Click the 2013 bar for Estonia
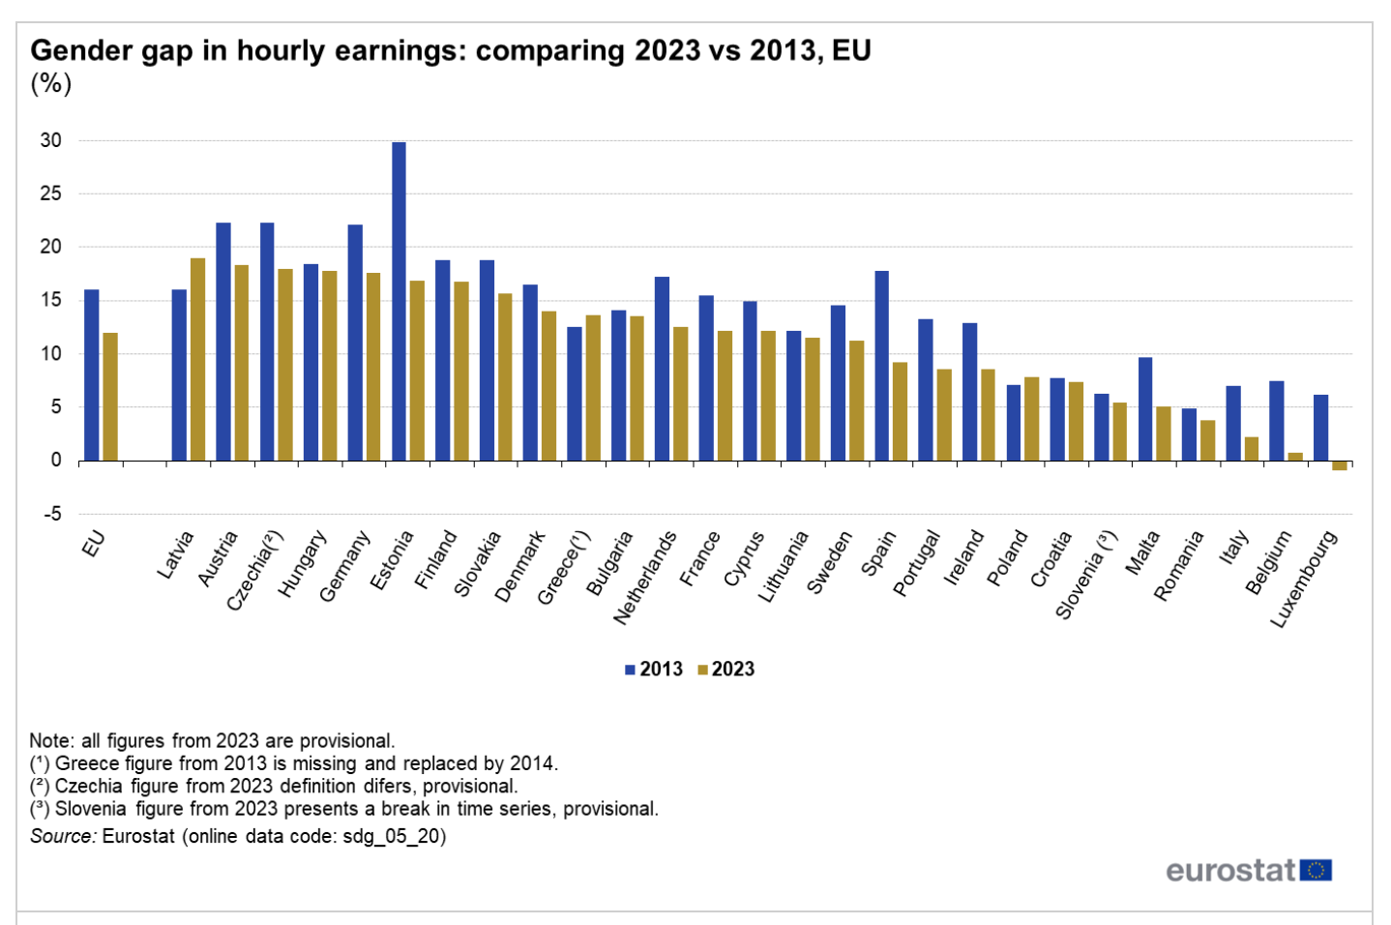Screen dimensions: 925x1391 click(x=399, y=301)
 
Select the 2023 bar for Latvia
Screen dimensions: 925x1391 click(x=197, y=359)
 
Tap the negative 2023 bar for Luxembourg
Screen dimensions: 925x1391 click(x=1339, y=465)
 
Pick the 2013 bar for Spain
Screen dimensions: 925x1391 click(x=881, y=366)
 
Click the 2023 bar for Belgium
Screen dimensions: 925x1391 click(x=1295, y=457)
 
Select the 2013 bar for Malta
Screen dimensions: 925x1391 click(x=1145, y=408)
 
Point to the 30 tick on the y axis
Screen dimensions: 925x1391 click(x=51, y=140)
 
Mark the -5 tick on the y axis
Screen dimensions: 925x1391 click(x=51, y=514)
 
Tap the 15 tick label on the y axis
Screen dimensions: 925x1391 click(x=51, y=300)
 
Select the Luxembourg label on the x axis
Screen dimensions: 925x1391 click(x=1304, y=579)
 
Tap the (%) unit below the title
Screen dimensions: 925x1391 click(x=50, y=83)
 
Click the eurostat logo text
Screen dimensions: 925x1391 click(x=1229, y=870)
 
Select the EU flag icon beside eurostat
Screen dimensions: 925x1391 click(x=1316, y=870)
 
